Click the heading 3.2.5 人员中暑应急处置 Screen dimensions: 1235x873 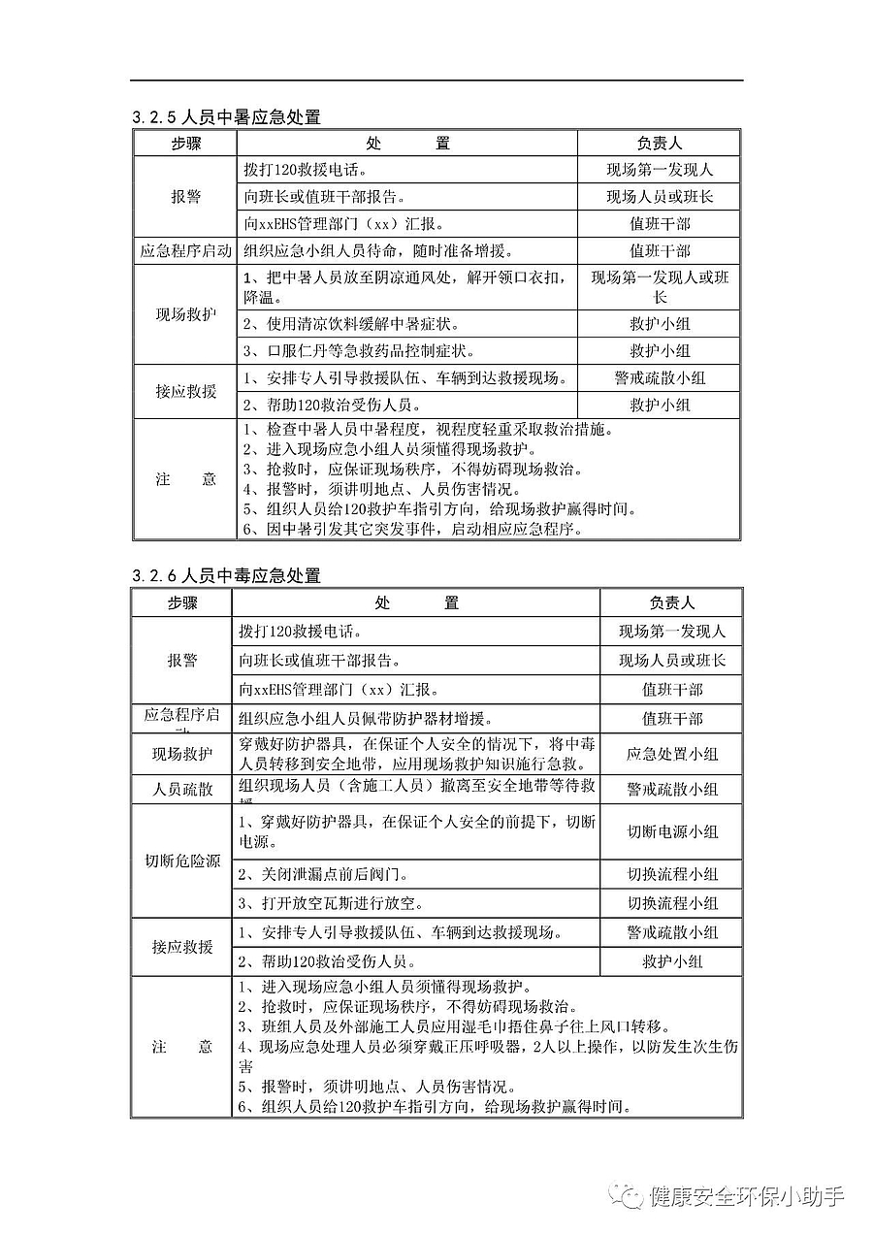pos(226,117)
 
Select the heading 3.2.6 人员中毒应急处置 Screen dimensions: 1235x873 pos(226,575)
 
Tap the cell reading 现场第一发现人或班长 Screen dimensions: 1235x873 pos(660,286)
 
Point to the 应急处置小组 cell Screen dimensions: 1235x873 pos(671,754)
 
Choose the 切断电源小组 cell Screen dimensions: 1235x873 pos(671,831)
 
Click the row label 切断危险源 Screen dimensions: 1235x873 pos(181,861)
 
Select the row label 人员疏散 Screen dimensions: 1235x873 pos(181,789)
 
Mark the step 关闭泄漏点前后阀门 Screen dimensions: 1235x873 pos(331,874)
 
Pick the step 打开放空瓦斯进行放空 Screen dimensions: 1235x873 pos(331,903)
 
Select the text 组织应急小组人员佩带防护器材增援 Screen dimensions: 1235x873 pos(368,719)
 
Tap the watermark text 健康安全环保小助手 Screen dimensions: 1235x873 pos(747,1195)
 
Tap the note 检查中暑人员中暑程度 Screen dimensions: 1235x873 pos(426,430)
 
